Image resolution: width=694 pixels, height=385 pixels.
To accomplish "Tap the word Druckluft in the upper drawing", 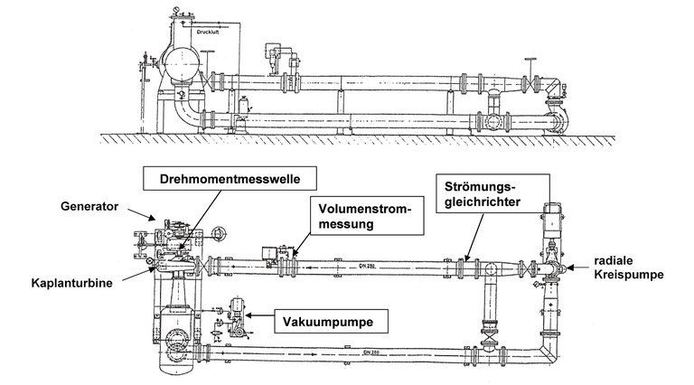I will (x=210, y=33).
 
